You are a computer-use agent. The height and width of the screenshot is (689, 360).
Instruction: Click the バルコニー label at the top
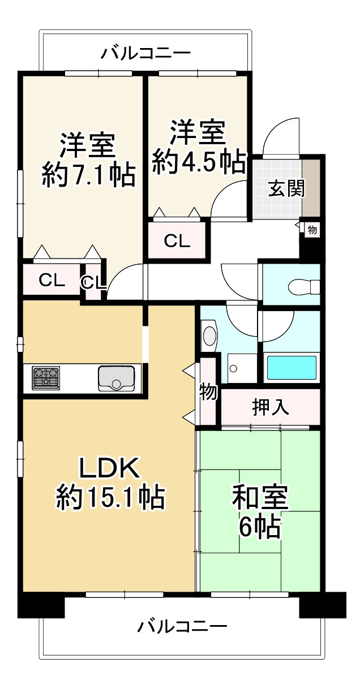point(146,54)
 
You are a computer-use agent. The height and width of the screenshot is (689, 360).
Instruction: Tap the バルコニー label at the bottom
point(182,626)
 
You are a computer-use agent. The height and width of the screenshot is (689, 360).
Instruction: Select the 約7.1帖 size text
point(88,176)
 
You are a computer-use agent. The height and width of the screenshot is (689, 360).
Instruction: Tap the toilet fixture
point(302,287)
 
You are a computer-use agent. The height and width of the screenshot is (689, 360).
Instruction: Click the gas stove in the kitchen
point(46,378)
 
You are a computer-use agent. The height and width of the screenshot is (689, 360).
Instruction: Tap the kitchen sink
point(116,378)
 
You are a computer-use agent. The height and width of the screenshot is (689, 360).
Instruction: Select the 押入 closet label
point(270,407)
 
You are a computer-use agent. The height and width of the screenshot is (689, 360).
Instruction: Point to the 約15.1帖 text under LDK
point(110,497)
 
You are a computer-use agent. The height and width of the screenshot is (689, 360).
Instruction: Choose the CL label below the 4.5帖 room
point(177,241)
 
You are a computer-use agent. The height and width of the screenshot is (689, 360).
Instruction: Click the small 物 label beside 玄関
point(312,230)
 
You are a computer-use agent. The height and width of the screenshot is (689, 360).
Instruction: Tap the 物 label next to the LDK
point(208,391)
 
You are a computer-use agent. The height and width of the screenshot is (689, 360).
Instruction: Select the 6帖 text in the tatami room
point(260,527)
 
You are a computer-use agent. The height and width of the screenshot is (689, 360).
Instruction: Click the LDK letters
point(109,468)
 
